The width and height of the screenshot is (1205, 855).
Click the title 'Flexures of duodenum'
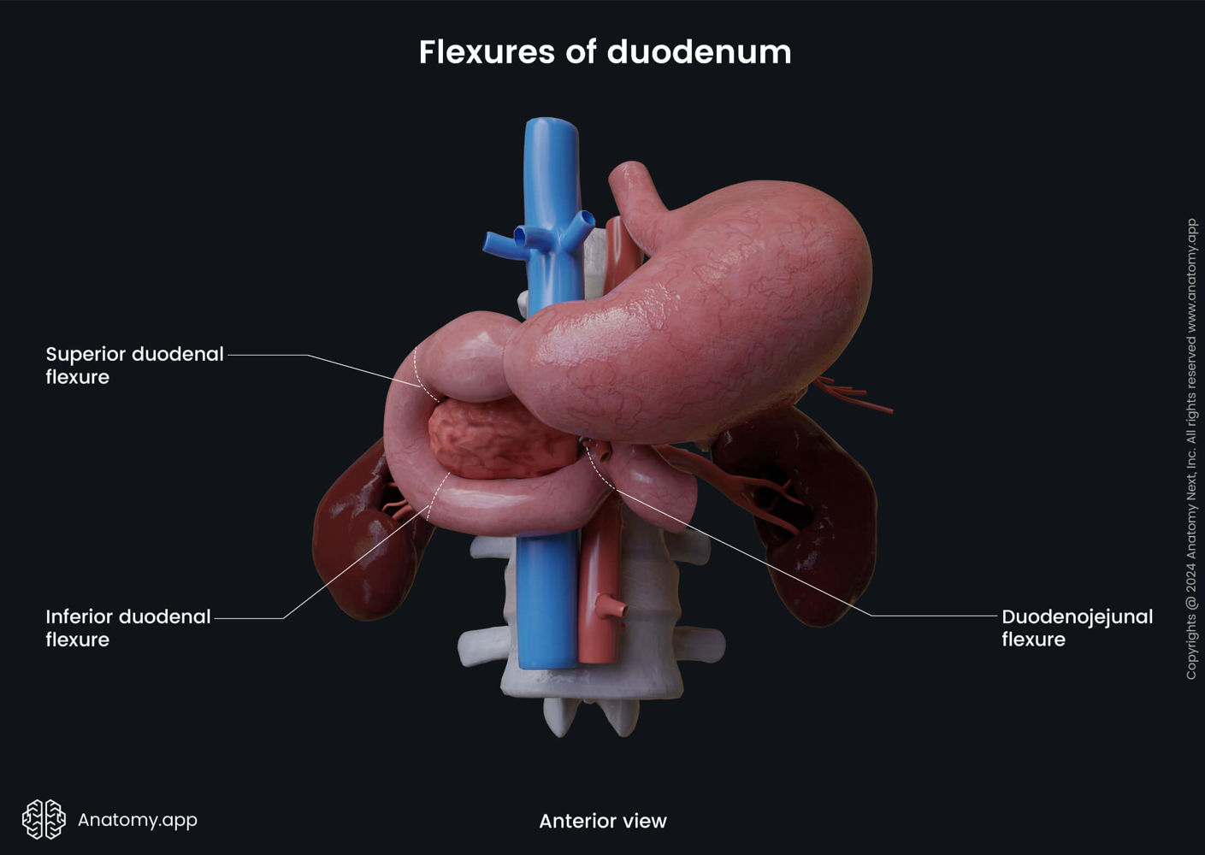tap(605, 52)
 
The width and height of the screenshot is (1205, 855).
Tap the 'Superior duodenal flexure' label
tap(134, 365)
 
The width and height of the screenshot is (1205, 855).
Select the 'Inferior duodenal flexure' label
tap(127, 628)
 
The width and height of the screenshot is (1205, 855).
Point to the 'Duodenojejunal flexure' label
tap(1077, 628)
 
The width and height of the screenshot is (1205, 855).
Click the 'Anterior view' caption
tap(602, 821)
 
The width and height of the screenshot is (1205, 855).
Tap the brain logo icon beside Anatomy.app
tap(44, 819)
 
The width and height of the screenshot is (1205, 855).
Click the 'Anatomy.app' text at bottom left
tap(138, 819)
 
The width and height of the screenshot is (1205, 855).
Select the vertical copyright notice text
tap(1191, 449)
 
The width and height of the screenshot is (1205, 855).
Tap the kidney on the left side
tap(359, 539)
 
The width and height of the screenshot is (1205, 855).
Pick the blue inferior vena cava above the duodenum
tap(552, 188)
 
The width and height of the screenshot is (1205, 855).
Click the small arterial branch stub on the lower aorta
tap(613, 609)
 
